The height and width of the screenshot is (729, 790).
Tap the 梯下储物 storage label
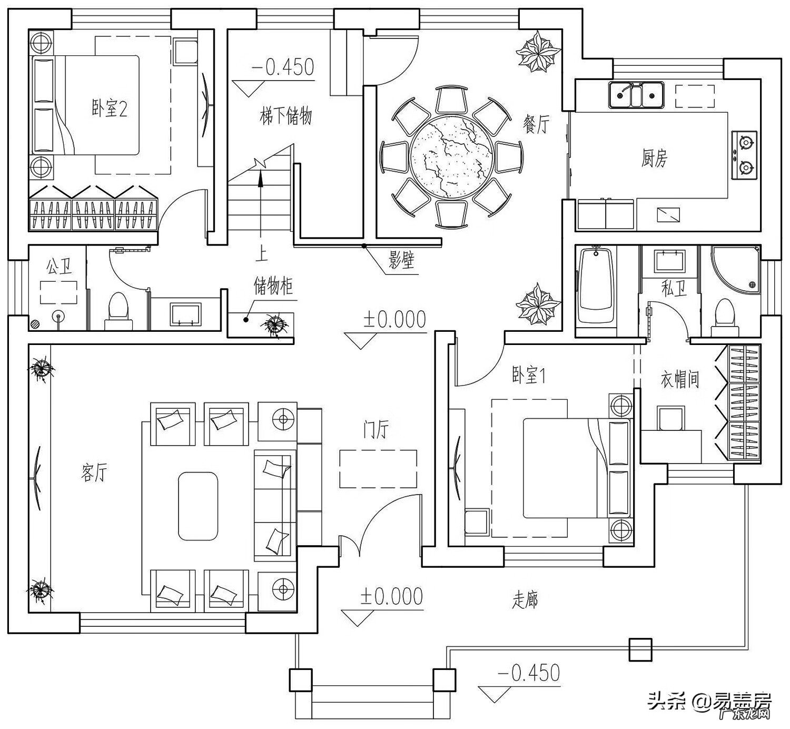point(286,115)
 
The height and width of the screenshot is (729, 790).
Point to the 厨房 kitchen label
point(654,157)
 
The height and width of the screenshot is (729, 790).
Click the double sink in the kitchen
point(636,95)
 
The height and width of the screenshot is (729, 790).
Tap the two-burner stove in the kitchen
point(745,154)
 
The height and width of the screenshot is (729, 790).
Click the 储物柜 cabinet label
point(273,287)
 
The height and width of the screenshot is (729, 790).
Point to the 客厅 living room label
point(94,472)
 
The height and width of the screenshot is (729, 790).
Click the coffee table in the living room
point(198,506)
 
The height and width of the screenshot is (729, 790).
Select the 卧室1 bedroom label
point(528,376)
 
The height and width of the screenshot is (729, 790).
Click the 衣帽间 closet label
point(679,379)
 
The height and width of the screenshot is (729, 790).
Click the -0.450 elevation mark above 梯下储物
point(283,67)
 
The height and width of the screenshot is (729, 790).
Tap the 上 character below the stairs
point(261,254)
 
